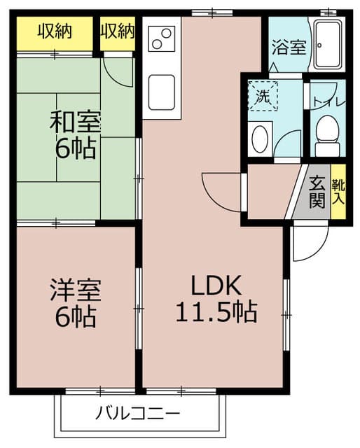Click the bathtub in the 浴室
click(x=328, y=45)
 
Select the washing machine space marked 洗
click(x=263, y=96)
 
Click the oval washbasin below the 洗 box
click(x=260, y=139)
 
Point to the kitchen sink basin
click(x=162, y=92)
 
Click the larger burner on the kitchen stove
click(x=166, y=34)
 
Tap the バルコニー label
click(x=138, y=413)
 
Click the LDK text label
click(x=216, y=285)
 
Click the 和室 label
click(x=75, y=122)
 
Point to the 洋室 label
click(x=76, y=290)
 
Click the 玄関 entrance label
click(x=317, y=192)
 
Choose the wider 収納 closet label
click(x=55, y=31)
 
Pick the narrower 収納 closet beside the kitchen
click(x=117, y=34)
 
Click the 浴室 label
click(x=289, y=47)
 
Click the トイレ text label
click(x=328, y=101)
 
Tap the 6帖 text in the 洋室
click(x=76, y=316)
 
